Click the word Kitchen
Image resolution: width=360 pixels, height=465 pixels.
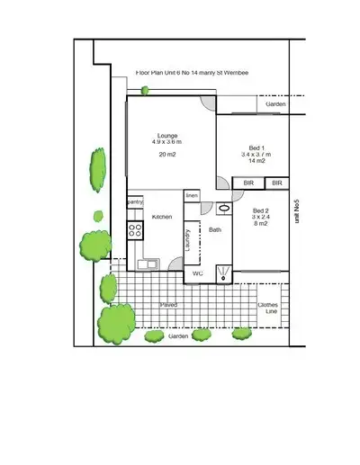(162, 217)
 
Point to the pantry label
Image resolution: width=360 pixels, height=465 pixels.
(135, 202)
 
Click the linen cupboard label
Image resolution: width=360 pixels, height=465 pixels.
(192, 195)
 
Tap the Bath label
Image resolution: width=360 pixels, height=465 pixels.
(215, 230)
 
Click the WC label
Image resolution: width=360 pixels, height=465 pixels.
(198, 273)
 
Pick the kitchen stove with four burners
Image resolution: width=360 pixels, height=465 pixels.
(135, 230)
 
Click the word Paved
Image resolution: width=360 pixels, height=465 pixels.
(168, 305)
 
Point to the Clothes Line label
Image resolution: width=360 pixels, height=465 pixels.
(269, 309)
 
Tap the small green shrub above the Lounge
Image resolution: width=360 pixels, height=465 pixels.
(144, 89)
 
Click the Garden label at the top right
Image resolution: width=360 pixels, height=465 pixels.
(275, 105)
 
